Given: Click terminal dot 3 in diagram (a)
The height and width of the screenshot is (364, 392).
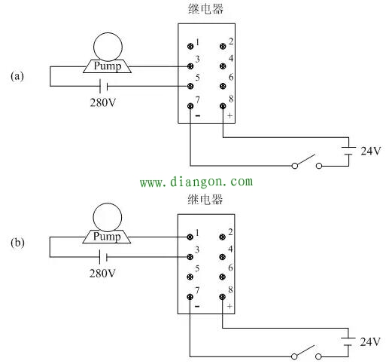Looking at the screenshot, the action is (x=190, y=66).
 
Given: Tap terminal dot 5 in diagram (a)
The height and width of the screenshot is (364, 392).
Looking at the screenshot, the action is (x=190, y=86).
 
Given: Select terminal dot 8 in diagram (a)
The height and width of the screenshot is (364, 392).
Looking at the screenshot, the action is (x=223, y=106).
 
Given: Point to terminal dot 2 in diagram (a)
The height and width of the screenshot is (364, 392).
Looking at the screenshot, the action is (x=223, y=46).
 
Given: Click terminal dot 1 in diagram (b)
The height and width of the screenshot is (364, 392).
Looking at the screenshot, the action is (x=190, y=237).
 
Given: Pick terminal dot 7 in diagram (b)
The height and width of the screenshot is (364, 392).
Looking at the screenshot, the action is (x=190, y=297).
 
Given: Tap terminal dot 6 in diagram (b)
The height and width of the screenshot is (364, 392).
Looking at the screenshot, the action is (x=222, y=277).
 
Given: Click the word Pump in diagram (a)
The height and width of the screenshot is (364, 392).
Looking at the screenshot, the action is (x=108, y=66).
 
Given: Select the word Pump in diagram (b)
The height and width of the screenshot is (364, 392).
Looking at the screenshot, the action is (x=107, y=237).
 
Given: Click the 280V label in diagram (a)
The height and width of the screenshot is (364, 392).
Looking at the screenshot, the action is (x=103, y=102).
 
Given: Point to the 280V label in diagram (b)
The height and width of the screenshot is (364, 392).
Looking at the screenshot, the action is (x=102, y=273).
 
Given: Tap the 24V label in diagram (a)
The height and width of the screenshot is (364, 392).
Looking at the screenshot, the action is (x=371, y=151).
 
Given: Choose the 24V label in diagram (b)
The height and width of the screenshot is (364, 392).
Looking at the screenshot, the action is (x=370, y=341).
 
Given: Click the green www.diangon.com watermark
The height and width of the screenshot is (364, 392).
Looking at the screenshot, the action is (x=196, y=182).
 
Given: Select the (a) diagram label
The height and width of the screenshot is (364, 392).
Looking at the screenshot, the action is (x=17, y=76).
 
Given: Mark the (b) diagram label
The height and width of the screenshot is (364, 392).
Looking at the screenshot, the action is (x=17, y=243).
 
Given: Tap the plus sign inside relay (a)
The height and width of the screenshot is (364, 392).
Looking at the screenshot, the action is (x=229, y=115).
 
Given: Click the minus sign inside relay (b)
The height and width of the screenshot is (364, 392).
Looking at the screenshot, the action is (x=197, y=306).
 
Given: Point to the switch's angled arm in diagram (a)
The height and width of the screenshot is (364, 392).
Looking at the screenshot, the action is (x=305, y=160).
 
